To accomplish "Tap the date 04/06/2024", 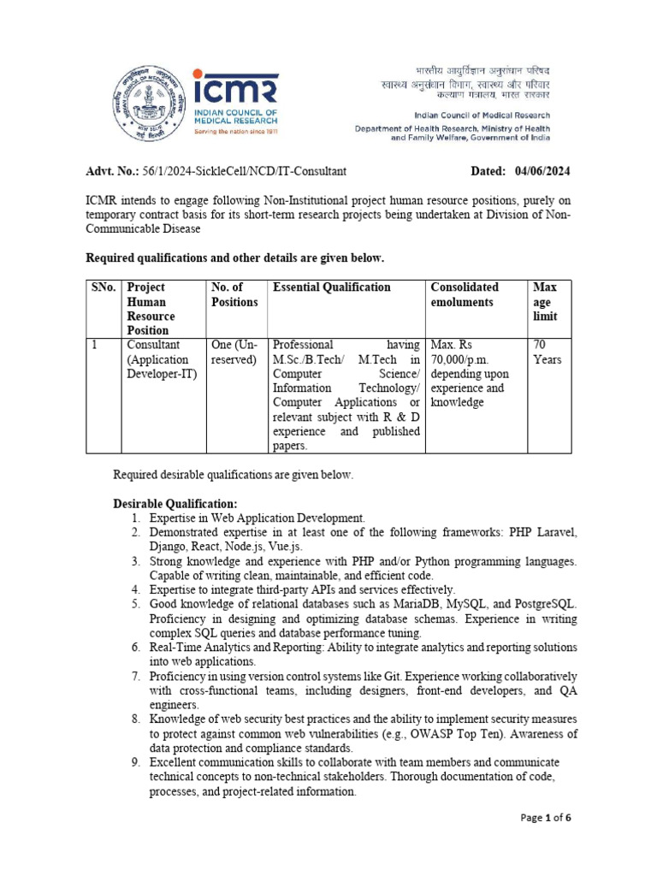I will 542,171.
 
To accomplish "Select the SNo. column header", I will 104,287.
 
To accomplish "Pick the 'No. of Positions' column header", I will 234,294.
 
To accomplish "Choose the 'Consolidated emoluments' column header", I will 465,294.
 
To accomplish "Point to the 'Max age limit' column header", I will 544,301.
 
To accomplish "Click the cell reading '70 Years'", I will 547,352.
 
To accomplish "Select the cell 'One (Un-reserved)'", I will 234,352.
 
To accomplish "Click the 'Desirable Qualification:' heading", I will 175,503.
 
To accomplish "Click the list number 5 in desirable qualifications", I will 136,604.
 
